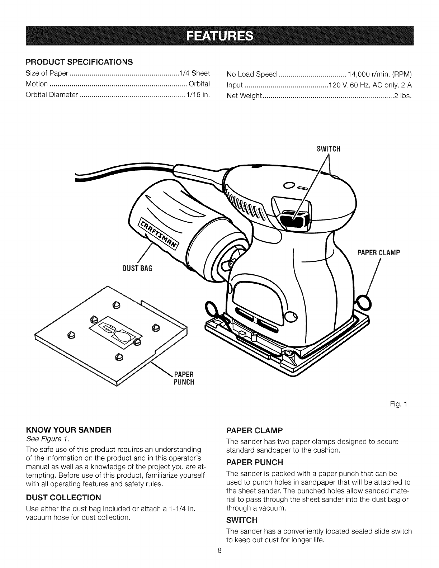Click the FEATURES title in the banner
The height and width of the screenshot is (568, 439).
tap(219, 35)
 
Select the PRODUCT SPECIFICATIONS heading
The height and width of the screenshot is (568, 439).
tap(79, 62)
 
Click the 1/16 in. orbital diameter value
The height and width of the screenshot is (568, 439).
tap(198, 95)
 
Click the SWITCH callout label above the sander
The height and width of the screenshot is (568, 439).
tap(329, 149)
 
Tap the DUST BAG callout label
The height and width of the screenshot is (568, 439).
tap(137, 268)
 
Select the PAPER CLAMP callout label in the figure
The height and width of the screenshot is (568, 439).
tap(379, 253)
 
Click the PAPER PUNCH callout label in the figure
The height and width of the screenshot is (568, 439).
tap(184, 378)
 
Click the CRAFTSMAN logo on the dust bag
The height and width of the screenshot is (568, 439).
tap(159, 233)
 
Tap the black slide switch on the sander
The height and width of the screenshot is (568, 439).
tap(293, 217)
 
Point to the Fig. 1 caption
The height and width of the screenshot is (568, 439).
tap(398, 404)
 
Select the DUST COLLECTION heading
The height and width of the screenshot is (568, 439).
tap(63, 497)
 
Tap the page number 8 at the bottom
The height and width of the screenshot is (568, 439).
tap(219, 551)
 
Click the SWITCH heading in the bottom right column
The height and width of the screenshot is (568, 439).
tap(242, 520)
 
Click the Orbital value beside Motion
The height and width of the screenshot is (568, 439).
tap(199, 84)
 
